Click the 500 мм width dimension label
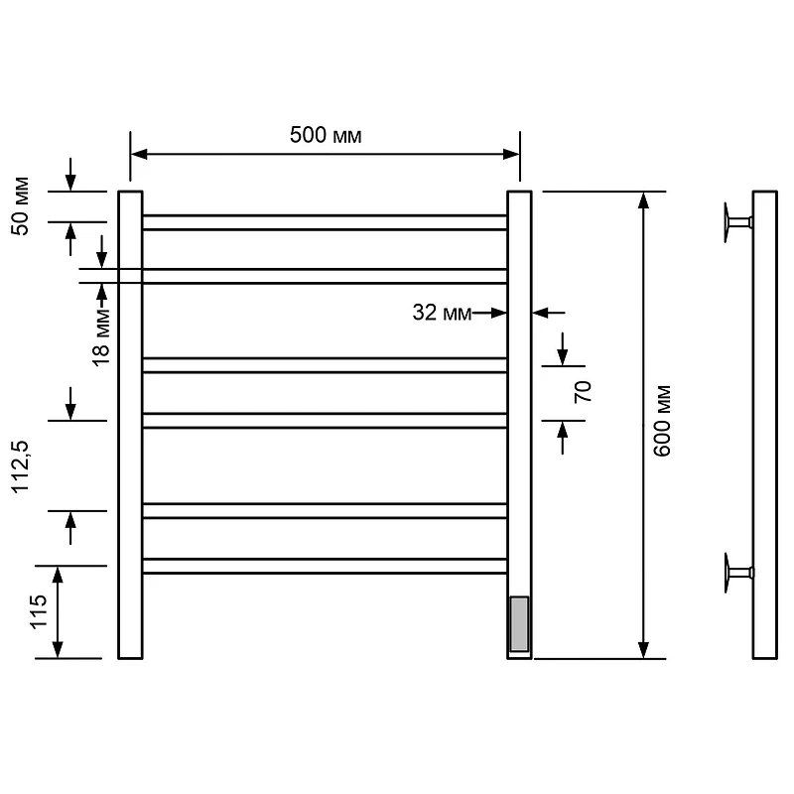point(326,135)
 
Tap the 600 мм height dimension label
point(662,421)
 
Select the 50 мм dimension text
point(20,206)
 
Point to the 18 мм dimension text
point(101,336)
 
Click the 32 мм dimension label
point(442,313)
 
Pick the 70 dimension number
point(583,392)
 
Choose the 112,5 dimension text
point(20,466)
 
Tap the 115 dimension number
point(39,612)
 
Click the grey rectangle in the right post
point(519,624)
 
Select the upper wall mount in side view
point(737,222)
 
